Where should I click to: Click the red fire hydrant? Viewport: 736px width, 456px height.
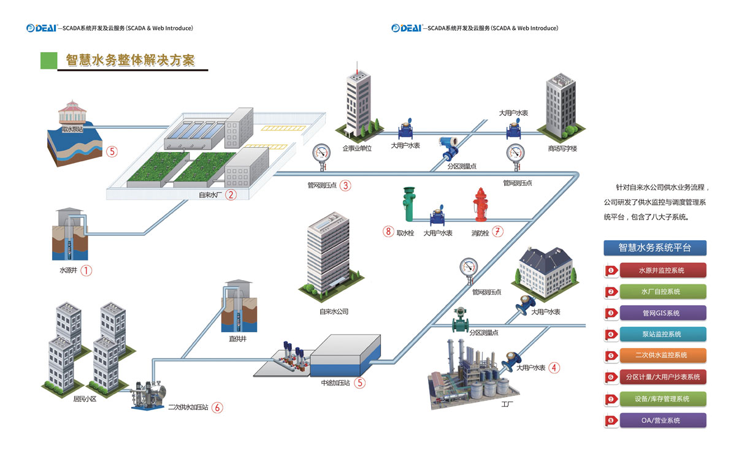480,204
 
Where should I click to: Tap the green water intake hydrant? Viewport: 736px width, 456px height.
407,204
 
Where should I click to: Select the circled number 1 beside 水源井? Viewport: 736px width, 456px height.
86,270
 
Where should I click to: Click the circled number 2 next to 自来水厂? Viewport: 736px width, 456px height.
231,195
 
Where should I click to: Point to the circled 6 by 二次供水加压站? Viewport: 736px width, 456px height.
217,406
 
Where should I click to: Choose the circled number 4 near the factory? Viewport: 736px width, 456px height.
554,368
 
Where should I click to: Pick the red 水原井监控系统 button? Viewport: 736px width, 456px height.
662,270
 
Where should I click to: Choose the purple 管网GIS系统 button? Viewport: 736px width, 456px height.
662,313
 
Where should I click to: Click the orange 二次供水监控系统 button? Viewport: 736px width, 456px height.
662,355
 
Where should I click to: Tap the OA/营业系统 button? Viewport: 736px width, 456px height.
662,420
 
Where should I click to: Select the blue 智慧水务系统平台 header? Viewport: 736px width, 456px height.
654,248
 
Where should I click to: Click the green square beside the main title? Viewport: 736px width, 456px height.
48,60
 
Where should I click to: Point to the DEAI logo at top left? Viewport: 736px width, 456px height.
41,28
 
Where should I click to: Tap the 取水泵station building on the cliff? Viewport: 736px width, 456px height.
72,113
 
